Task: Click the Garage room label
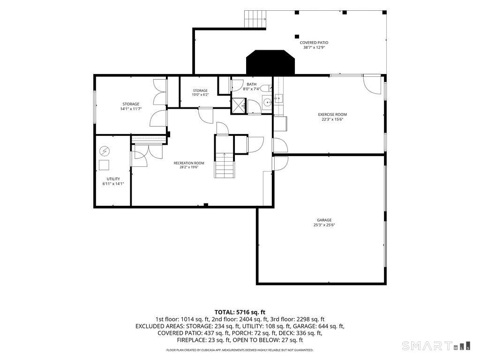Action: click(x=324, y=222)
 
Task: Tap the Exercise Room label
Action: click(x=332, y=117)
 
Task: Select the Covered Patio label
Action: click(x=314, y=45)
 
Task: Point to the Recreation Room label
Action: click(x=189, y=165)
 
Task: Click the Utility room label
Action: click(x=113, y=181)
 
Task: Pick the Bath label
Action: click(x=252, y=87)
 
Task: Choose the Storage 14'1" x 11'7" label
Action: click(x=131, y=106)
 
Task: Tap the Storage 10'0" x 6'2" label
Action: click(x=200, y=92)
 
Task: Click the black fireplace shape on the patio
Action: click(x=270, y=62)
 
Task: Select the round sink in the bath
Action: click(x=267, y=102)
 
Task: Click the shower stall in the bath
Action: click(x=239, y=105)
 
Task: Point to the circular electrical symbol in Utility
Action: click(x=105, y=151)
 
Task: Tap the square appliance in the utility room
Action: click(x=104, y=165)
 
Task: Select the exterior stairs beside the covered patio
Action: click(x=255, y=19)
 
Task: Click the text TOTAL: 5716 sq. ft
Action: click(x=240, y=312)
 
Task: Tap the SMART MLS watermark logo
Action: click(x=436, y=345)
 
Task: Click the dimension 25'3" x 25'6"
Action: click(x=324, y=225)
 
